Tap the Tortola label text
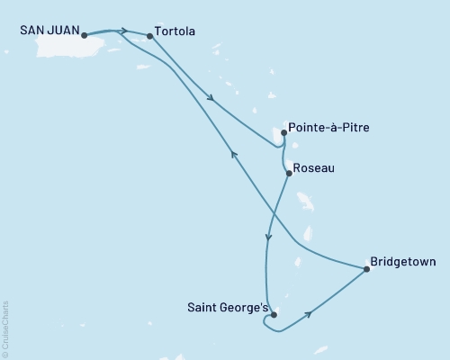pos(175,31)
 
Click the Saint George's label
pos(228,307)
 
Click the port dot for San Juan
pos(84,36)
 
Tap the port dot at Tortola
pos(149,36)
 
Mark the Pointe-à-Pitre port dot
pos(284,133)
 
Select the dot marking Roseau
pos(288,173)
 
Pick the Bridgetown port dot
pos(366,268)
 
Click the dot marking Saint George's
pos(274,315)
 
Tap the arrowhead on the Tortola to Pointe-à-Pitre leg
pos(211,98)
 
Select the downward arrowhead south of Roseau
pos(268,238)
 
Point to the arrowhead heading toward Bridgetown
pos(310,314)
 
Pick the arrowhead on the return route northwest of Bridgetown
pos(235,154)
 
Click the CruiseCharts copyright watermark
pos(6,328)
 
